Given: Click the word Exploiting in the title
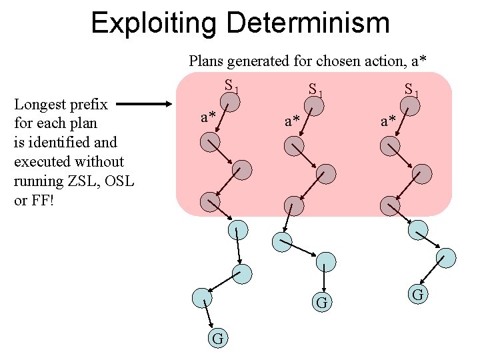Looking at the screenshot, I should [154, 23].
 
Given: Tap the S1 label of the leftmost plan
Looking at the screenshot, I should [231, 86].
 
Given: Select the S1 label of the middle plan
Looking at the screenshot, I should [315, 88].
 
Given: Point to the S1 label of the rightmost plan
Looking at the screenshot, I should [411, 88].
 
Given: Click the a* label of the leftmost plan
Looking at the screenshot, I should [209, 117].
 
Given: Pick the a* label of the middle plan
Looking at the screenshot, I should [293, 121].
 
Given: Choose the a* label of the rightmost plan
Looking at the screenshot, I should [389, 121].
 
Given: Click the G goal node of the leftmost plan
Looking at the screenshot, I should [218, 339].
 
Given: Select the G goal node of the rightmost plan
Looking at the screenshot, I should [418, 293].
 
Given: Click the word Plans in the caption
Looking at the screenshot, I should [206, 61].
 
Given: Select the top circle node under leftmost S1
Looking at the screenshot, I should [230, 102].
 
